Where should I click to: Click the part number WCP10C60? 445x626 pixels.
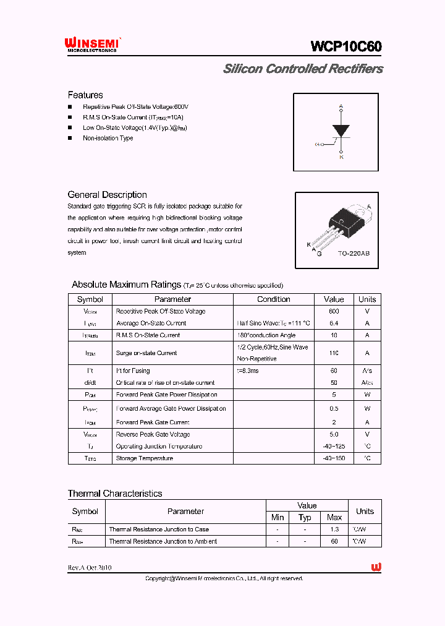click(346, 47)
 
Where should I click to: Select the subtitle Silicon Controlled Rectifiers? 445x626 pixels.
click(303, 69)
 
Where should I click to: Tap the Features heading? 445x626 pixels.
click(85, 95)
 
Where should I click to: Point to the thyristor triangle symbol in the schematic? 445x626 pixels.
click(341, 131)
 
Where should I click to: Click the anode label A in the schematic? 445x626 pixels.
click(341, 107)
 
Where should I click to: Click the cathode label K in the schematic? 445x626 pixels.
click(341, 157)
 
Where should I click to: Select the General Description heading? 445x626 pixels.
click(107, 195)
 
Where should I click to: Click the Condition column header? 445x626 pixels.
click(273, 299)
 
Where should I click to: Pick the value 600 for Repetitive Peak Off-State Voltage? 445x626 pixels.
click(334, 311)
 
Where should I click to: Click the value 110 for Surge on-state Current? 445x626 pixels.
click(334, 353)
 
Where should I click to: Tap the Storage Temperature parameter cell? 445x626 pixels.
click(145, 458)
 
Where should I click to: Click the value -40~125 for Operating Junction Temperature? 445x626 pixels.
click(334, 446)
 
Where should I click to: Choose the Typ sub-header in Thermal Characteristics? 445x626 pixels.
click(305, 518)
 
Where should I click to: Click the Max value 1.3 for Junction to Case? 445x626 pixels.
click(334, 530)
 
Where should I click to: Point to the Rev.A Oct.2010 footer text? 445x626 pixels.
click(90, 568)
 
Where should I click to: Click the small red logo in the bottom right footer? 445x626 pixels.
click(376, 567)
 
